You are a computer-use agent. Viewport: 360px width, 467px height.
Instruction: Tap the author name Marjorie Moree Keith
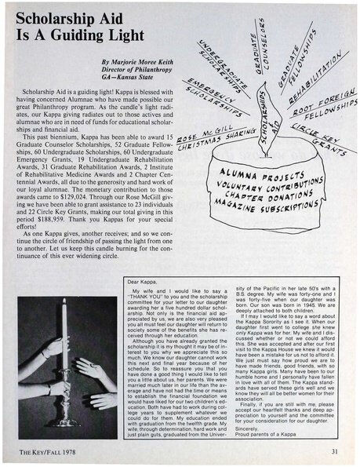tap(139, 60)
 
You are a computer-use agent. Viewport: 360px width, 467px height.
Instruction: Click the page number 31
tap(334, 451)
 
